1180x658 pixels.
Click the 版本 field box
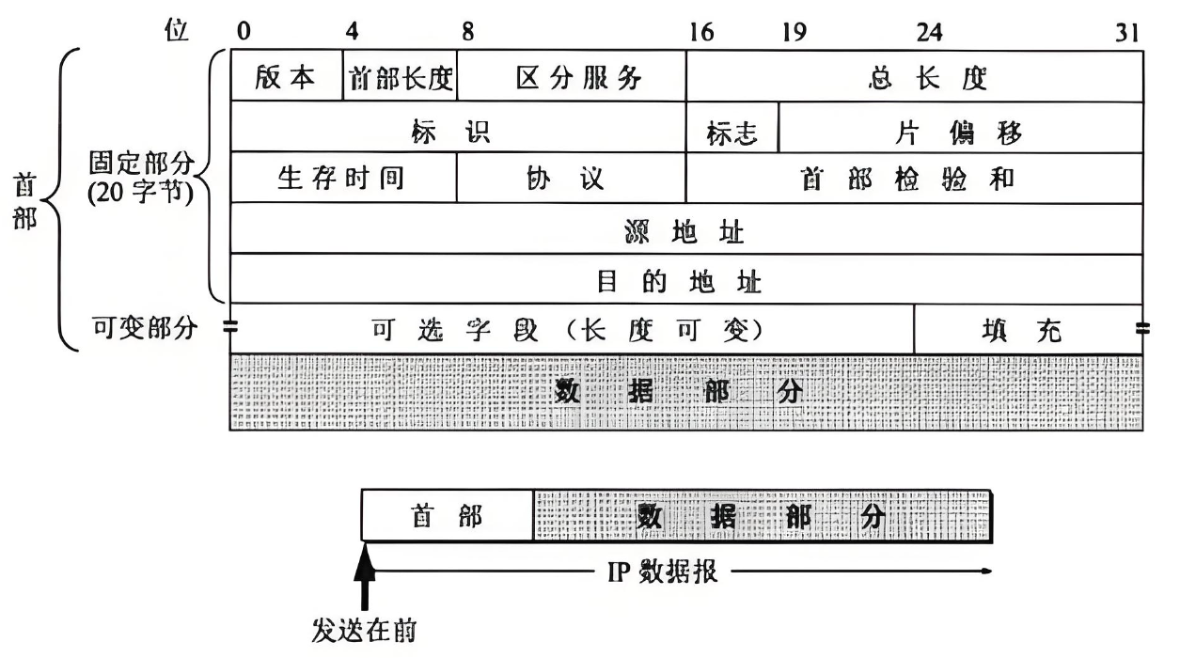click(286, 77)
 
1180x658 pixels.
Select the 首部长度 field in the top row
click(400, 77)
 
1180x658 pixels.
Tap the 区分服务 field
click(571, 77)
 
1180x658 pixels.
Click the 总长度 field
click(915, 77)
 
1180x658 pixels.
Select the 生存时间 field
click(343, 179)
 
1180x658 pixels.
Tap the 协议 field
click(571, 179)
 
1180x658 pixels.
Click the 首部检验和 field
click(915, 179)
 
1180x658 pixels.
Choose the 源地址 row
click(686, 229)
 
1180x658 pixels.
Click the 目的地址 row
click(686, 280)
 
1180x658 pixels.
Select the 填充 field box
click(1029, 330)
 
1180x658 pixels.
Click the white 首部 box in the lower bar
click(448, 516)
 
